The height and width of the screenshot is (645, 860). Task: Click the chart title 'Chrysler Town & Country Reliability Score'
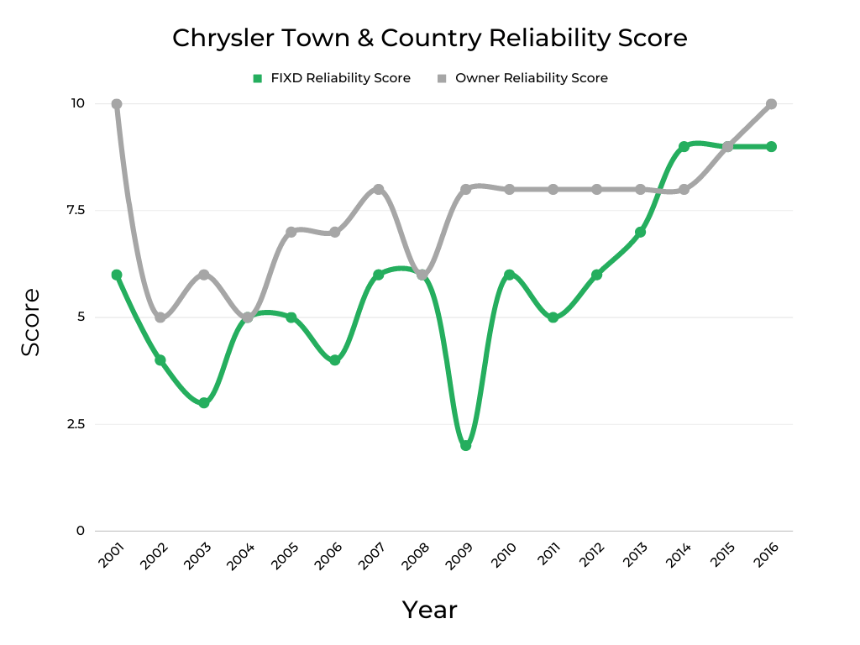click(429, 38)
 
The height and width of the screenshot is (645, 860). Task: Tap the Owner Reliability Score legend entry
click(522, 78)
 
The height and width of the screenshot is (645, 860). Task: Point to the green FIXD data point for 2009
click(465, 445)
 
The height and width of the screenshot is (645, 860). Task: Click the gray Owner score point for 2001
click(117, 104)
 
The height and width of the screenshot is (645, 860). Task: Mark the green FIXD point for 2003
click(204, 403)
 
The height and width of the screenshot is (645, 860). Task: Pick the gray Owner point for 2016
click(771, 104)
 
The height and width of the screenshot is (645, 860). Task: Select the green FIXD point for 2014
click(684, 147)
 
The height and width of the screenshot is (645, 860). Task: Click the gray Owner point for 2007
click(379, 190)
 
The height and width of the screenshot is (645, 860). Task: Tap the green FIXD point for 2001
click(117, 275)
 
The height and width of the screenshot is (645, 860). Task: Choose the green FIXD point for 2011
click(553, 317)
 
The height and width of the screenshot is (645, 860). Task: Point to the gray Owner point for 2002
click(160, 317)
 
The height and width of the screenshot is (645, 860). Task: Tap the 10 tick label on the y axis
click(77, 103)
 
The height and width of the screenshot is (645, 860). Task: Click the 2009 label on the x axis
click(460, 557)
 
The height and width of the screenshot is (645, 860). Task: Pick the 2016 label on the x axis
click(766, 557)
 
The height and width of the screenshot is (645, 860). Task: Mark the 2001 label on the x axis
click(112, 557)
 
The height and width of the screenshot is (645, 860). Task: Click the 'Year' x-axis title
click(429, 610)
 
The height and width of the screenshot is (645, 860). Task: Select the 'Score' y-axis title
click(30, 322)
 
